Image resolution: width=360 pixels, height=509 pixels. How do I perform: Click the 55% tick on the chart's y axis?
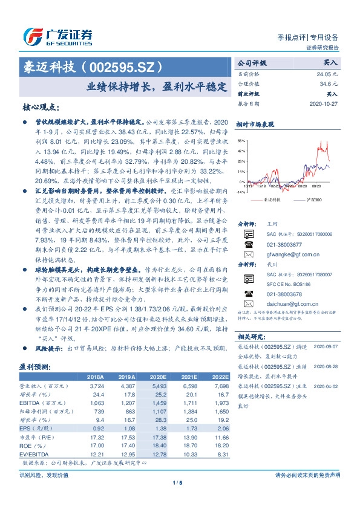241,139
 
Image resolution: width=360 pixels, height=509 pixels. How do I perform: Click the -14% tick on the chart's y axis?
241,192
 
